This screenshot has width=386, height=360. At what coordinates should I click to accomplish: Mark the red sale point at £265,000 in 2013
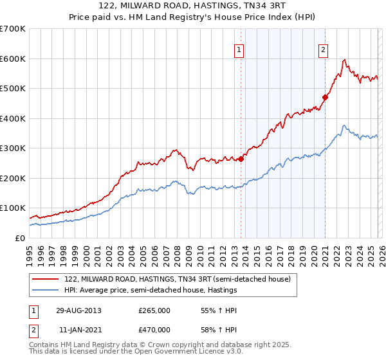click(x=241, y=159)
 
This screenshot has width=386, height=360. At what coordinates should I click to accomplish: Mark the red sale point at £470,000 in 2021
click(x=326, y=98)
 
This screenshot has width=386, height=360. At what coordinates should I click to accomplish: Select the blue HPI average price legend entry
click(x=151, y=290)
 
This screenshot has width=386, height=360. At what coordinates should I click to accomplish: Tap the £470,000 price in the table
click(x=154, y=329)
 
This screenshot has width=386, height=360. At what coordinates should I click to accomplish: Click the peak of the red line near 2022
click(x=345, y=60)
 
